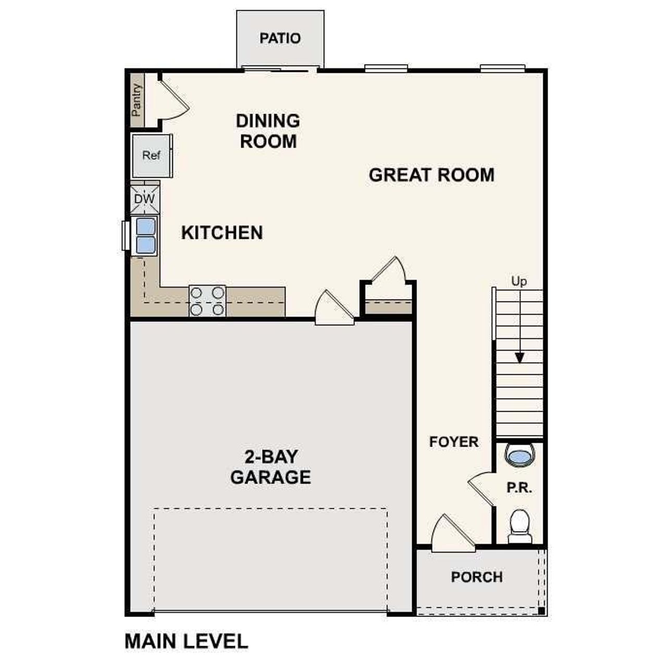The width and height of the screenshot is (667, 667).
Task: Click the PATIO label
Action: coord(280,38)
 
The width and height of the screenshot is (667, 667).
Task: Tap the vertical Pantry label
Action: coord(137,100)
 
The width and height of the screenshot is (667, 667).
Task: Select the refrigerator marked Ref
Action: coord(151,155)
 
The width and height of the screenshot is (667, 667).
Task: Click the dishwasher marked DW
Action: coord(144,199)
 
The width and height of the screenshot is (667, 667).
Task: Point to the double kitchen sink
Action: coord(145,236)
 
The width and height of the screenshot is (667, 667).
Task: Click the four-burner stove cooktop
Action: coord(207,301)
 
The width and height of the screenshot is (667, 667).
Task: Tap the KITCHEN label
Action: coord(222,232)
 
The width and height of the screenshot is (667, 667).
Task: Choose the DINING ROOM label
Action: coord(268,131)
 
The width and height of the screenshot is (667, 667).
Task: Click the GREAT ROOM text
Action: coord(431,175)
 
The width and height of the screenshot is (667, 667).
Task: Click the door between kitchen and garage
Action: coord(334,308)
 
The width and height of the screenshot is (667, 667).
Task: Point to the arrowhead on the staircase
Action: coord(519,358)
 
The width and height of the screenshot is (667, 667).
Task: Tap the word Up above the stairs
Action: coord(519,281)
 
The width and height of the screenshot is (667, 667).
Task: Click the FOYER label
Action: coord(453,442)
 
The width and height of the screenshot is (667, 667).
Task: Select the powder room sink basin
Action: coord(520,456)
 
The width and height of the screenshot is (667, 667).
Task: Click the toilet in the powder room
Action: coord(520,525)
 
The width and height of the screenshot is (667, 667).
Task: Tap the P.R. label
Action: coord(519,488)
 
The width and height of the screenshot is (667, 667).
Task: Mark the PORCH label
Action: coord(477,577)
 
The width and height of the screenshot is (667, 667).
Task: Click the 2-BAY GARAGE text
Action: coord(270,467)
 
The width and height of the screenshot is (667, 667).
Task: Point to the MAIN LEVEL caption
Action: coord(186,641)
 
